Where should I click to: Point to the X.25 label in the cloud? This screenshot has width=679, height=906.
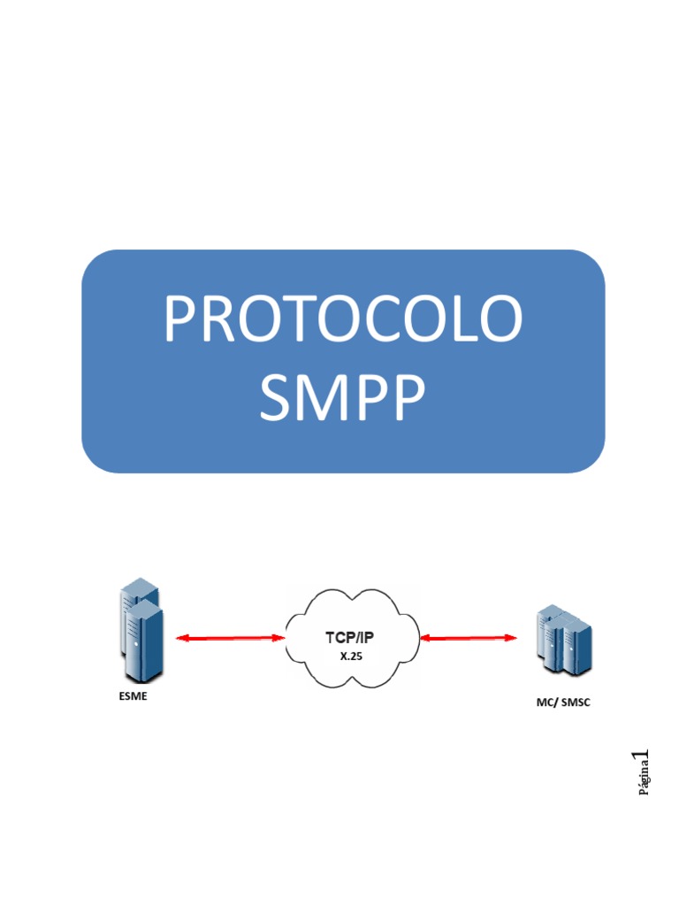pyautogui.click(x=351, y=657)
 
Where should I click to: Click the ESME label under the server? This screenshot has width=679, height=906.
pyautogui.click(x=133, y=695)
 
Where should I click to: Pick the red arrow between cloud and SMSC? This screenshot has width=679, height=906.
pyautogui.click(x=469, y=636)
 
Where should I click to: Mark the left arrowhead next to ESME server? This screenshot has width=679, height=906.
pyautogui.click(x=180, y=637)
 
